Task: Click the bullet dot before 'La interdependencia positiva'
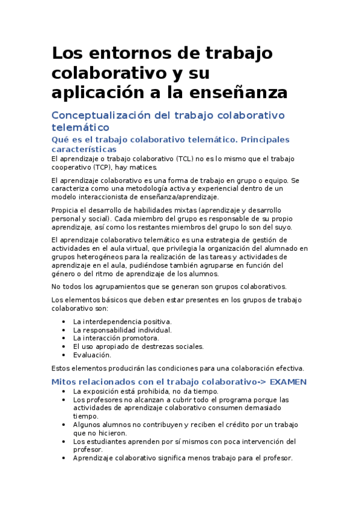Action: pyautogui.click(x=64, y=322)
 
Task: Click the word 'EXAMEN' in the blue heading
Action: pyautogui.click(x=288, y=382)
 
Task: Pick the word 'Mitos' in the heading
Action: pyautogui.click(x=64, y=382)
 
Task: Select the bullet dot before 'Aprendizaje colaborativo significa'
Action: pyautogui.click(x=64, y=458)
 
